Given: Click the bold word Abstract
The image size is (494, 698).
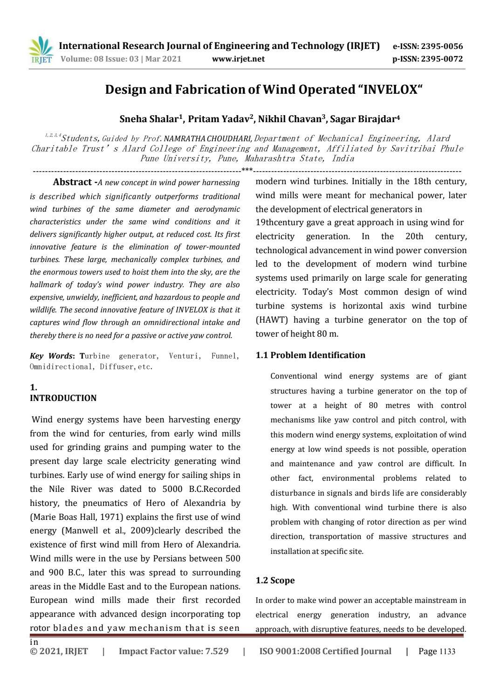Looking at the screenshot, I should tap(72, 182).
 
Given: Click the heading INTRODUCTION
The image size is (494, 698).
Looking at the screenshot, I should tap(63, 398).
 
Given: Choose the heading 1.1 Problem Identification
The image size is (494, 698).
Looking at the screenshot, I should tap(310, 355).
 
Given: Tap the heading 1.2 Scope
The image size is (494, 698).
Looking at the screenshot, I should tap(275, 581).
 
